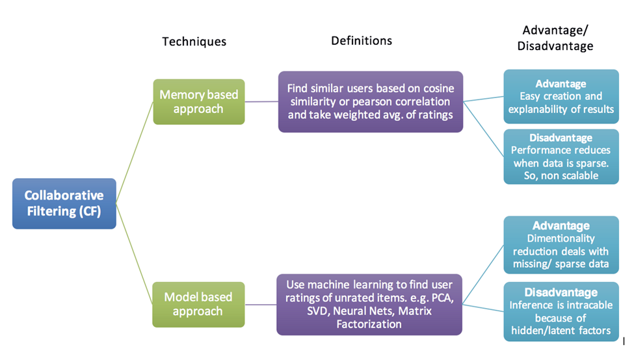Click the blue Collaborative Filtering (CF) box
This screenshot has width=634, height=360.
coord(64,203)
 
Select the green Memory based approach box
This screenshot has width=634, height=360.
coord(199,101)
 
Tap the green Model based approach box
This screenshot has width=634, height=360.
coord(199,304)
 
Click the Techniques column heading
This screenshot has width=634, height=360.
coord(194,42)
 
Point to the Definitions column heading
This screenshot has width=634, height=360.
coord(362,40)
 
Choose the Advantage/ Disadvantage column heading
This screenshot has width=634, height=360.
coord(558,38)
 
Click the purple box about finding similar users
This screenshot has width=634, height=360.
coord(371,102)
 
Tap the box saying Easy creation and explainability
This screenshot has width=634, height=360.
coord(561,96)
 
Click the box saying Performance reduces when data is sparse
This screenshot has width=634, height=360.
coord(561,157)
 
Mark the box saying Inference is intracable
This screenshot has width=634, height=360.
coord(561,311)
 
